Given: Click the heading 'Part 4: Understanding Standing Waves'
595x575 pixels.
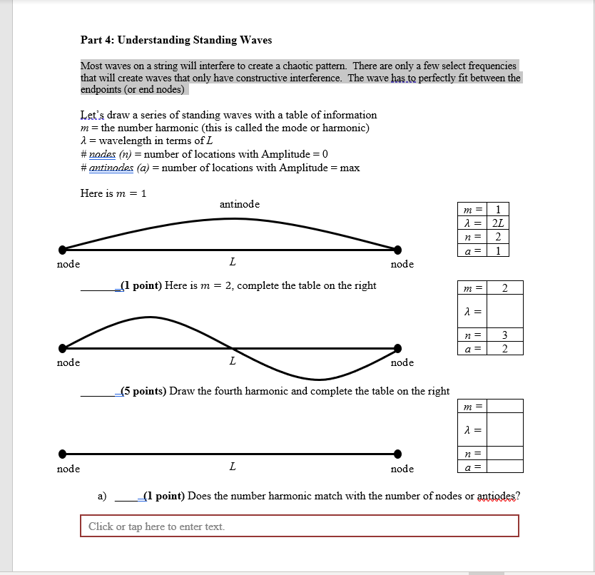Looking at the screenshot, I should (176, 40).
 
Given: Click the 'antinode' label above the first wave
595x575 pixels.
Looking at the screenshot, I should (240, 204).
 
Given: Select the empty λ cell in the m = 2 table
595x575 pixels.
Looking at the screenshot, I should (505, 311).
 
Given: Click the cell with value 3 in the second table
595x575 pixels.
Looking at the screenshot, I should (505, 335).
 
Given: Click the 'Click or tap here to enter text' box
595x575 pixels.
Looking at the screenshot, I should (299, 526).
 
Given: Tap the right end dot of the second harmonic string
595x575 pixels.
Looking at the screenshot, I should (397, 349).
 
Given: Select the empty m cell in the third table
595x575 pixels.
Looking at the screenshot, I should (505, 406).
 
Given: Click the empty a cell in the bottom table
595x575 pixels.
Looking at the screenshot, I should (505, 467).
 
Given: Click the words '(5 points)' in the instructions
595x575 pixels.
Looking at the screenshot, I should (144, 391).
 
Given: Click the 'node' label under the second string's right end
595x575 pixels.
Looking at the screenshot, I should (402, 362).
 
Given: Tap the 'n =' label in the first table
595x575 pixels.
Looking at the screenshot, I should (473, 236).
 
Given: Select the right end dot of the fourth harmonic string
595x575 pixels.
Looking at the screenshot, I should (397, 454).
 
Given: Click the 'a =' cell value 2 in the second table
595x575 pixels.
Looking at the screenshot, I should (505, 348).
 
